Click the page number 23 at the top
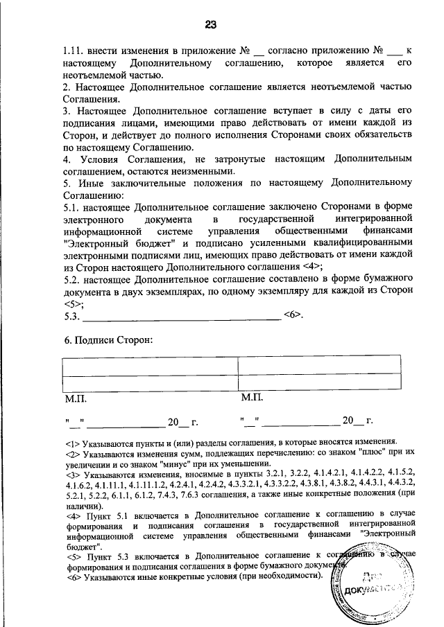(x=211, y=24)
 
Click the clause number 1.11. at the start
(x=74, y=51)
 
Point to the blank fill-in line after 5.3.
(x=180, y=316)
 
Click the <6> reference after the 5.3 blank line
(x=292, y=315)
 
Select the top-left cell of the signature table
(x=148, y=365)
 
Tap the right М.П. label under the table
(x=251, y=399)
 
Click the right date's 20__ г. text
(x=358, y=421)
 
